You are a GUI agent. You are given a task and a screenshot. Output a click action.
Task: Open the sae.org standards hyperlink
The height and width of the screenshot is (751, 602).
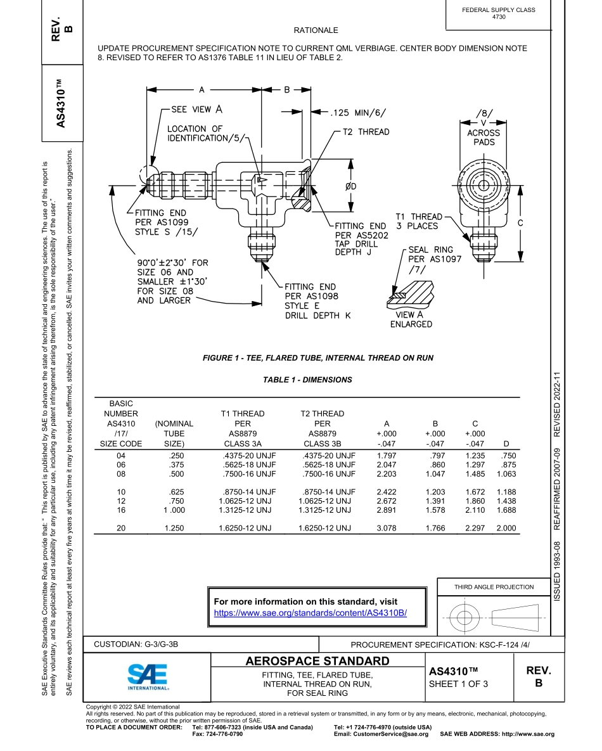pos(310,613)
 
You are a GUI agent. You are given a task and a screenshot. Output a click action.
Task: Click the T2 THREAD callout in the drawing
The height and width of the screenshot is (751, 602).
pos(366,132)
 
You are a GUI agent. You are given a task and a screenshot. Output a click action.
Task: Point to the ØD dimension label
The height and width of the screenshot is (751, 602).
pos(350,186)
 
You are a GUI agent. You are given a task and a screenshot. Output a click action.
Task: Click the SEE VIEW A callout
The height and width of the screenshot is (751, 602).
pos(196,109)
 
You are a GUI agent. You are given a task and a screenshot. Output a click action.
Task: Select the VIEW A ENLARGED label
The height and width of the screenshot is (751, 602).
pos(410,319)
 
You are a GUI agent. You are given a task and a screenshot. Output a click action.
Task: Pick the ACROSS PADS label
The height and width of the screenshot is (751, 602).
pos(484,138)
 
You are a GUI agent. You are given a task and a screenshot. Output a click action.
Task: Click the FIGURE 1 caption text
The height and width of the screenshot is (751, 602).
pos(318,358)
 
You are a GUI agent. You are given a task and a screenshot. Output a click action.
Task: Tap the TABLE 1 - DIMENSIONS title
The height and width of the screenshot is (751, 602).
pos(307,380)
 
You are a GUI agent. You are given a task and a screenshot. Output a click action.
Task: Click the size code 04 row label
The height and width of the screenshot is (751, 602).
pos(121,456)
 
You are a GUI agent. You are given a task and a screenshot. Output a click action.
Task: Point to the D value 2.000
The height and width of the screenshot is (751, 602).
pos(506,528)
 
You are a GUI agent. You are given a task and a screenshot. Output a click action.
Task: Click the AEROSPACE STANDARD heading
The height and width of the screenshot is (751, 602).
pos(317,662)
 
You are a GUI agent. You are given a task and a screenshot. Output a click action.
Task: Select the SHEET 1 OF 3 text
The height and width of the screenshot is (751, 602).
pos(458,684)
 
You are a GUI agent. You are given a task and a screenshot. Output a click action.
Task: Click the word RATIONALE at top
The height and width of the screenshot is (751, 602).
pos(316,30)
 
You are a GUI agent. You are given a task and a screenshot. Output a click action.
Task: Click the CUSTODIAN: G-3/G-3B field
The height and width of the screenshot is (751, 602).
pos(136,645)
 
